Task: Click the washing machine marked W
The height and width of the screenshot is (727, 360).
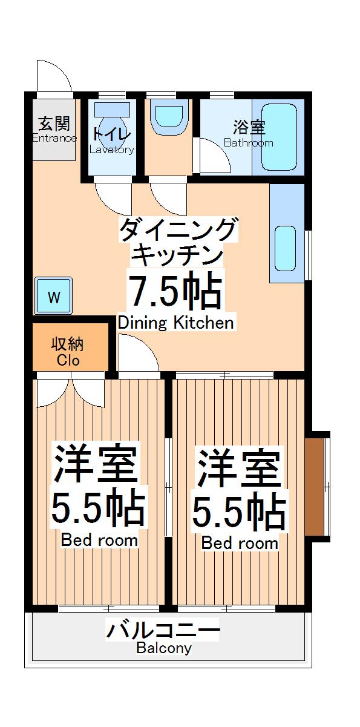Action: point(54,297)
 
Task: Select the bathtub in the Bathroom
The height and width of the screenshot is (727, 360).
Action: point(279,139)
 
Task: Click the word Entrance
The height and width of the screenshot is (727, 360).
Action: point(54,138)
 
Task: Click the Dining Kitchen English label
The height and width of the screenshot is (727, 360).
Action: point(175,323)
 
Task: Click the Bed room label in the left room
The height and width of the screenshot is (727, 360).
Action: point(99,539)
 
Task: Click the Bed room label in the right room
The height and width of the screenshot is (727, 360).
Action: point(240,543)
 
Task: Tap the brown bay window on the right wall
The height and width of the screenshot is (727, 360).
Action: point(315,485)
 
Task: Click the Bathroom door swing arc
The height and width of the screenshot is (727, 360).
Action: point(215,156)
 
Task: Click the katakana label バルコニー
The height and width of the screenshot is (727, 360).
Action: point(163,631)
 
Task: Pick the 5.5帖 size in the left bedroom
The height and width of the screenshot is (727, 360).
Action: point(98,509)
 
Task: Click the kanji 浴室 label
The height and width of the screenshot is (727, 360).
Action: point(249,128)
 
